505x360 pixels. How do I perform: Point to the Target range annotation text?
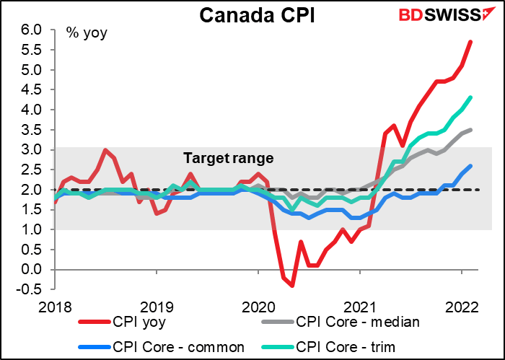[x=229, y=158]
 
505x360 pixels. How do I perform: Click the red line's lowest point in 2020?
[x=292, y=285]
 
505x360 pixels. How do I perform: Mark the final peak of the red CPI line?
[x=470, y=42]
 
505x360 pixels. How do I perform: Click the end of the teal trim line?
[x=470, y=97]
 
